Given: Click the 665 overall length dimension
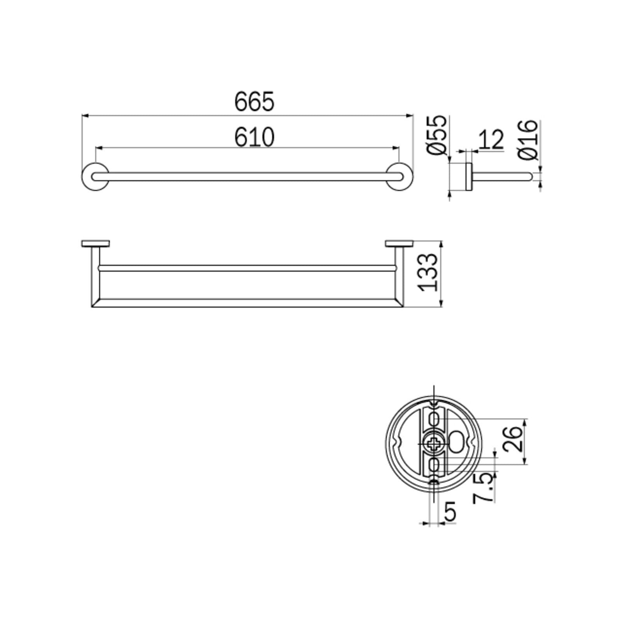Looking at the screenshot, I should [x=254, y=101].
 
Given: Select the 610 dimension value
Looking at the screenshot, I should [x=254, y=138].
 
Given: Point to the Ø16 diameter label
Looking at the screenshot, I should [x=528, y=140].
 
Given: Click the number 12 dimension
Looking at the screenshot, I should [x=491, y=140].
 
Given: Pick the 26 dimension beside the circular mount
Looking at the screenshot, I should [x=512, y=439].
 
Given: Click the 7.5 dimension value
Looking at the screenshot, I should [x=484, y=488].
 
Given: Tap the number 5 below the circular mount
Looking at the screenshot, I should [x=449, y=512].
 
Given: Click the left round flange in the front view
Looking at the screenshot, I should [x=95, y=176].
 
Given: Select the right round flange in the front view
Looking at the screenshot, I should [x=400, y=176].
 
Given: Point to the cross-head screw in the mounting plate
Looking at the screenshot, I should [x=434, y=444].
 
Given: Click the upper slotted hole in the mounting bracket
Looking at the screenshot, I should [x=434, y=419].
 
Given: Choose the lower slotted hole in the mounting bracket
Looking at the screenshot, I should [x=434, y=465].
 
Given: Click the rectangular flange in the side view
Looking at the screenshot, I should [x=468, y=176].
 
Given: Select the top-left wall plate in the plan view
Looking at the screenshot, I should [x=95, y=244].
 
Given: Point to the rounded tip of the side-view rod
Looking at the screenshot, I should [x=529, y=176].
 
